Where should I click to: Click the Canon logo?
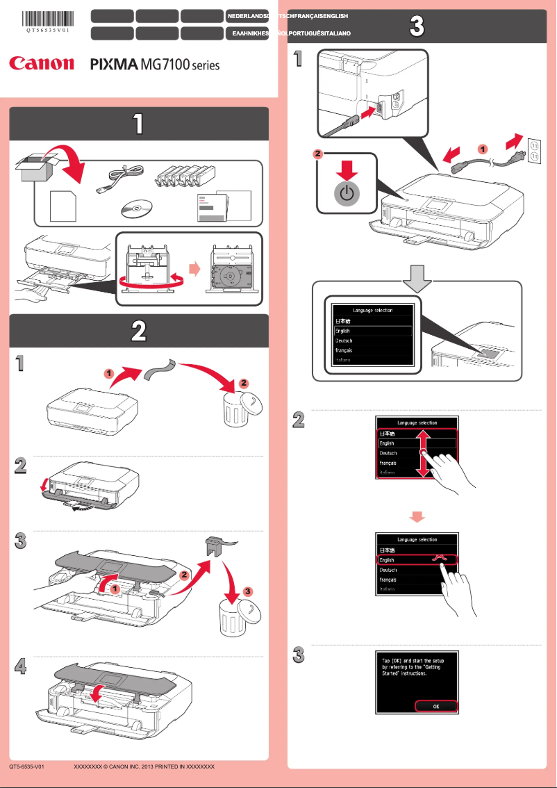click(41, 64)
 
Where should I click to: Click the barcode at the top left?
click(49, 19)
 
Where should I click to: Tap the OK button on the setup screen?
click(436, 706)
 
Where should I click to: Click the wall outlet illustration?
click(534, 151)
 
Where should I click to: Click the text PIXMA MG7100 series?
click(155, 65)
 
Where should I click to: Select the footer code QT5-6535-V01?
click(27, 766)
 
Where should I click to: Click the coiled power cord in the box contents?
click(122, 178)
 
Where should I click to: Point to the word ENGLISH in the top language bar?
click(332, 15)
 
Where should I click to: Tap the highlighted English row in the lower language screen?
click(415, 559)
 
